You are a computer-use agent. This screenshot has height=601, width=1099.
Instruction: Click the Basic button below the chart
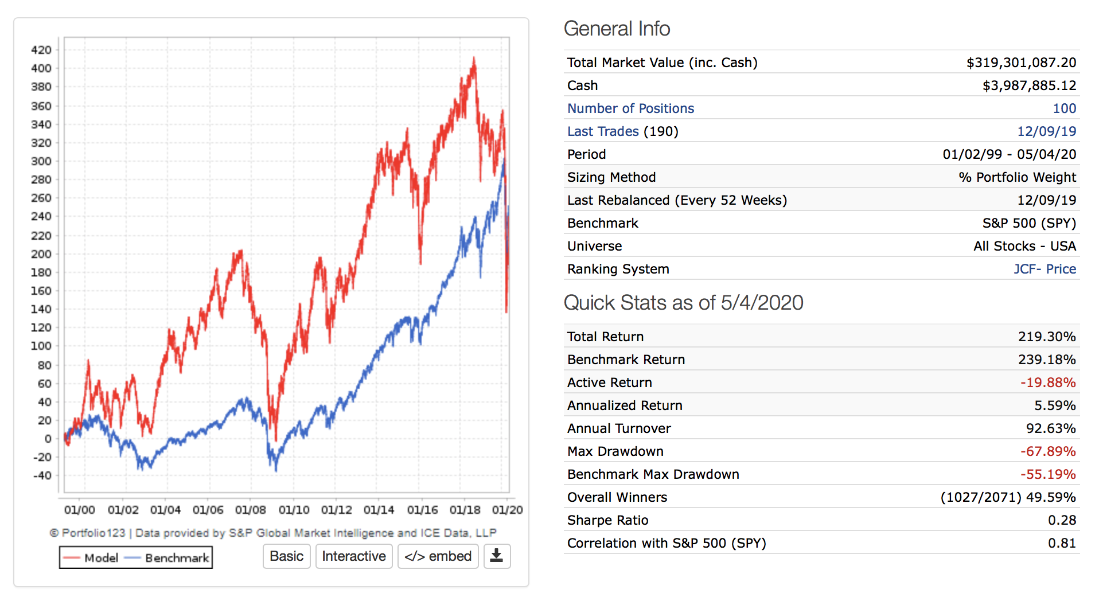pos(286,556)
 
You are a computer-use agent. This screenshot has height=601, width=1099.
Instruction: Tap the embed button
pos(438,556)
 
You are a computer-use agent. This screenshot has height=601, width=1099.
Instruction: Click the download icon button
pos(497,556)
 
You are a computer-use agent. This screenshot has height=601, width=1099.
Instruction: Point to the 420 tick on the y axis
pos(41,50)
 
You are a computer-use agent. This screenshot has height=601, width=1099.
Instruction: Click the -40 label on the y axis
pos(42,475)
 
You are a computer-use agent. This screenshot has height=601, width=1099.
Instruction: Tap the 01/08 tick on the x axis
pos(250,510)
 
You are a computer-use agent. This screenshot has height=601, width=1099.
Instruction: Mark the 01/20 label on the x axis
pos(507,510)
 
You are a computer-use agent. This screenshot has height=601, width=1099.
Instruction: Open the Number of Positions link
pos(630,108)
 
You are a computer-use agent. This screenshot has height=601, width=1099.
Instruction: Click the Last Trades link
pos(603,131)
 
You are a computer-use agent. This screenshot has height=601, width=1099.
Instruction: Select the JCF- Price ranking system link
pos(1045,269)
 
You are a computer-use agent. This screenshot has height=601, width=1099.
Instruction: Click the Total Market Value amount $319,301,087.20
pos(1021,63)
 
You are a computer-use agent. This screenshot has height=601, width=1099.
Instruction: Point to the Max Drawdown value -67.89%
pos(1048,451)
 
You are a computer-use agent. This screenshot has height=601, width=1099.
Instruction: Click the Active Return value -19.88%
pos(1048,383)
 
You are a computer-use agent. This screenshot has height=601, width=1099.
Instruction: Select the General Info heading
pos(617,29)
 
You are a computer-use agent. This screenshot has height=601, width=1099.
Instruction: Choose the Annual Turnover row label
pos(619,428)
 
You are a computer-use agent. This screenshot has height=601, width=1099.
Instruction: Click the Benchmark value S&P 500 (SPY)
pos(1029,223)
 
